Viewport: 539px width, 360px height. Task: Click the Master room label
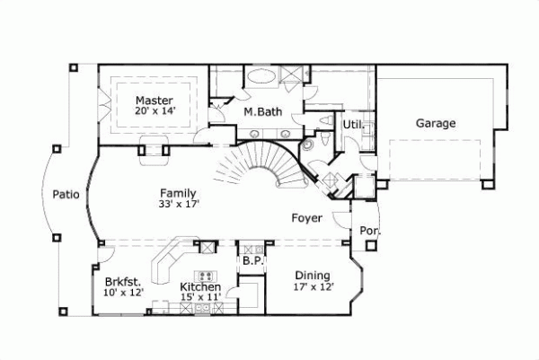pos(154,100)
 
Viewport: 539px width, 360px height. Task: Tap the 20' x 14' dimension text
pos(154,111)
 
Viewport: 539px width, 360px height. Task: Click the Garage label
pos(435,124)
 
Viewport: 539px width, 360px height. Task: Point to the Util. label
pos(352,126)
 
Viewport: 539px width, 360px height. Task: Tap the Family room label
pos(178,193)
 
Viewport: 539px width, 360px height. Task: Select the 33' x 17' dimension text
pos(178,205)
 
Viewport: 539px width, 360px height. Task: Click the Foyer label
pos(307,218)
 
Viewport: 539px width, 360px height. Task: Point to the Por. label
pos(370,231)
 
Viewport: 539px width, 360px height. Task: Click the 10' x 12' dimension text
pos(123,291)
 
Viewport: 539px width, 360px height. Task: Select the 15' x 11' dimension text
pos(201,297)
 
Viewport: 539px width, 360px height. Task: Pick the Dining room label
pos(313,276)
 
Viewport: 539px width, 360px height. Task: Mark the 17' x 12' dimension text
pos(313,287)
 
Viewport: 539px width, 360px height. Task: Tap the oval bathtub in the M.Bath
pos(262,77)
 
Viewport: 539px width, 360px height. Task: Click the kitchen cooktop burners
pos(206,275)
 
